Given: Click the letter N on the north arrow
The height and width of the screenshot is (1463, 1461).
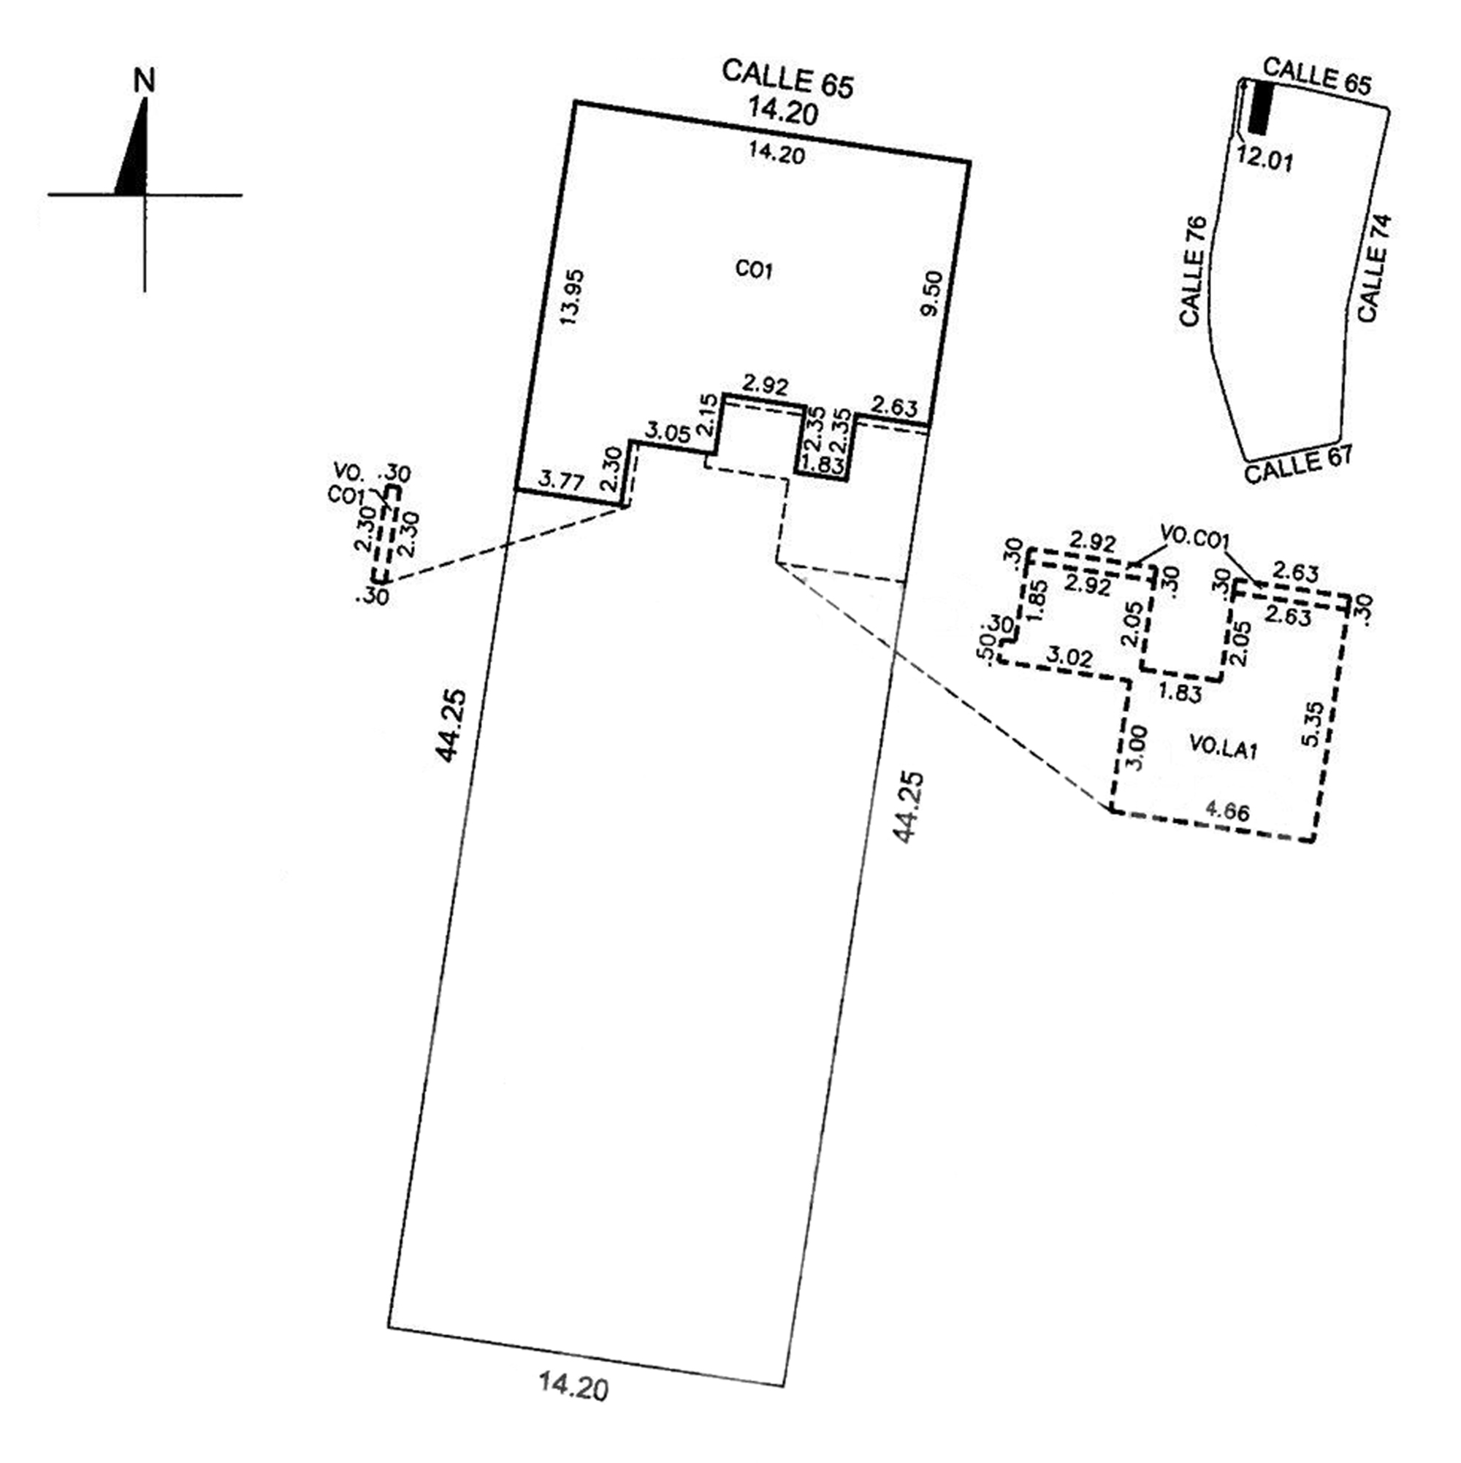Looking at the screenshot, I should coord(144,80).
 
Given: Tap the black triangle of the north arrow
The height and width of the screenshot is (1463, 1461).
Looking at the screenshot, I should coord(134,159).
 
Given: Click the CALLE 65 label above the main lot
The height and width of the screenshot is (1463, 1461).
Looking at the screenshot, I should coord(787,79).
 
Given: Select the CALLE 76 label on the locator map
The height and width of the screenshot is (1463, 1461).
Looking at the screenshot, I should coord(1191,272).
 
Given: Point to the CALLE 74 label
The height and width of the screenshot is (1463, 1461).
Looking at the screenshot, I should coord(1374,269).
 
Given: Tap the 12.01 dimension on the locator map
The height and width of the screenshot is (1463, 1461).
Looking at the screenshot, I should coord(1265,161).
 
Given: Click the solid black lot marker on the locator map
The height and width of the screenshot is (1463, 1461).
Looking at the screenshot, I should coord(1260,107).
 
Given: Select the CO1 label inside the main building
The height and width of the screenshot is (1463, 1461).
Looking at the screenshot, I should coord(754,270).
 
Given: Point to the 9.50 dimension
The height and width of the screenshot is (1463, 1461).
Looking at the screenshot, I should coord(934,294).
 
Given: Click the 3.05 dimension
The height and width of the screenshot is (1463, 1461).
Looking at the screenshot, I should coord(667,433).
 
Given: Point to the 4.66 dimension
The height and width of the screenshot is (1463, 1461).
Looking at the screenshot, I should coord(1227,811).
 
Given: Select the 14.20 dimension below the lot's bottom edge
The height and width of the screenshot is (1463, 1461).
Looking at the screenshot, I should coord(573,1409).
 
